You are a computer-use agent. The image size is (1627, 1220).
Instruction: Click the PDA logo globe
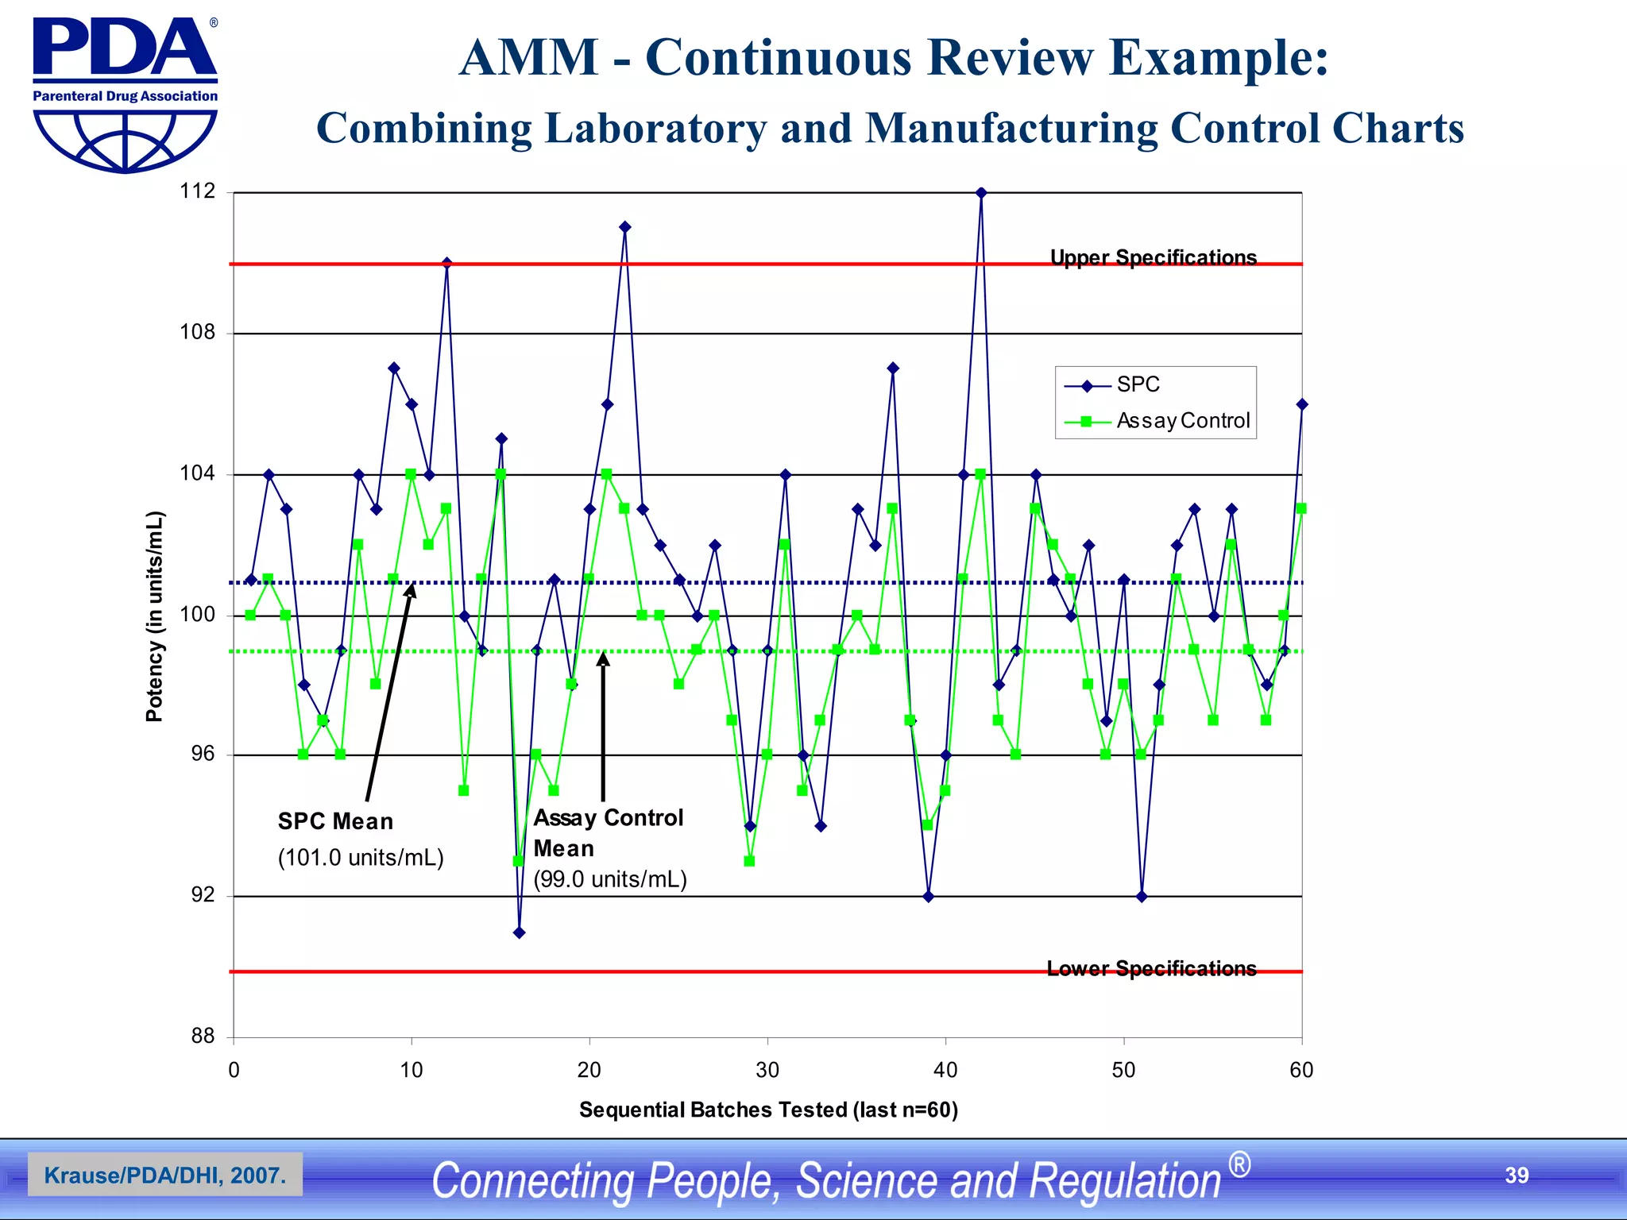[125, 141]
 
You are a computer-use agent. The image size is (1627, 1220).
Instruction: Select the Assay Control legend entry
[1182, 421]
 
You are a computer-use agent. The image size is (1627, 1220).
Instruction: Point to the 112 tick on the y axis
[197, 191]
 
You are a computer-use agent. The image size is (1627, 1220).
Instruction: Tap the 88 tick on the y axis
[203, 1037]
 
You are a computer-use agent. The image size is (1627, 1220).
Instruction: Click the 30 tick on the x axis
[767, 1071]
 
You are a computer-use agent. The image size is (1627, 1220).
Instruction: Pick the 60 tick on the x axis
[1300, 1071]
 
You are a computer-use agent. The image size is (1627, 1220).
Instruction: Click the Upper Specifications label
[1153, 257]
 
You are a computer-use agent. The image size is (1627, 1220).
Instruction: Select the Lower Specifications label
[1151, 968]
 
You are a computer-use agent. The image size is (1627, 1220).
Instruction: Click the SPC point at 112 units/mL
[981, 193]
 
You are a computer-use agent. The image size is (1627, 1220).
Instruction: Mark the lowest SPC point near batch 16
[519, 932]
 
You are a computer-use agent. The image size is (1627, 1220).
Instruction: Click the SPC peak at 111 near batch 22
[625, 227]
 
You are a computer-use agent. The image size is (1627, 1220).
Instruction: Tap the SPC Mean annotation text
[335, 821]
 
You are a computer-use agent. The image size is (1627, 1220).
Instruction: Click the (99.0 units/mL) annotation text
[609, 879]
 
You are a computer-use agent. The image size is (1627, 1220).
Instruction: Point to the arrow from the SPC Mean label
[389, 691]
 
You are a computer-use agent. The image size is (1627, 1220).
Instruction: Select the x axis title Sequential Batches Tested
[767, 1110]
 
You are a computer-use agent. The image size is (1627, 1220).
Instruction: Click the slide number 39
[1516, 1176]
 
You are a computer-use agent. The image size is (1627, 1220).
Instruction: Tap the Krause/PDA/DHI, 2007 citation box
[164, 1175]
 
